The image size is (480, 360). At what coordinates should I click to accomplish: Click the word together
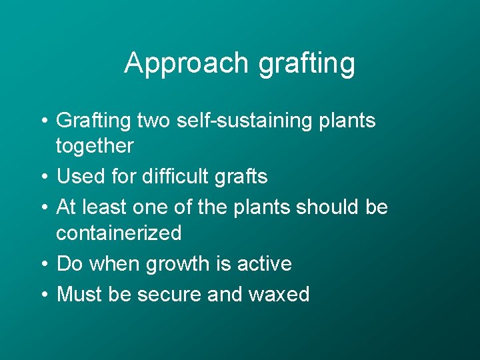tap(95, 146)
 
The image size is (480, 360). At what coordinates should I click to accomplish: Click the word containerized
tap(119, 233)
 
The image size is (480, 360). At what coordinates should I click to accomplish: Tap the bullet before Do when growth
tap(42, 265)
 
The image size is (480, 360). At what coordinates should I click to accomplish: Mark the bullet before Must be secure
tap(42, 295)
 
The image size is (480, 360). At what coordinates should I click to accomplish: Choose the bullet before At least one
tap(42, 208)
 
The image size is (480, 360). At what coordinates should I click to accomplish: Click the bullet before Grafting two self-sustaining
tap(42, 122)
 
